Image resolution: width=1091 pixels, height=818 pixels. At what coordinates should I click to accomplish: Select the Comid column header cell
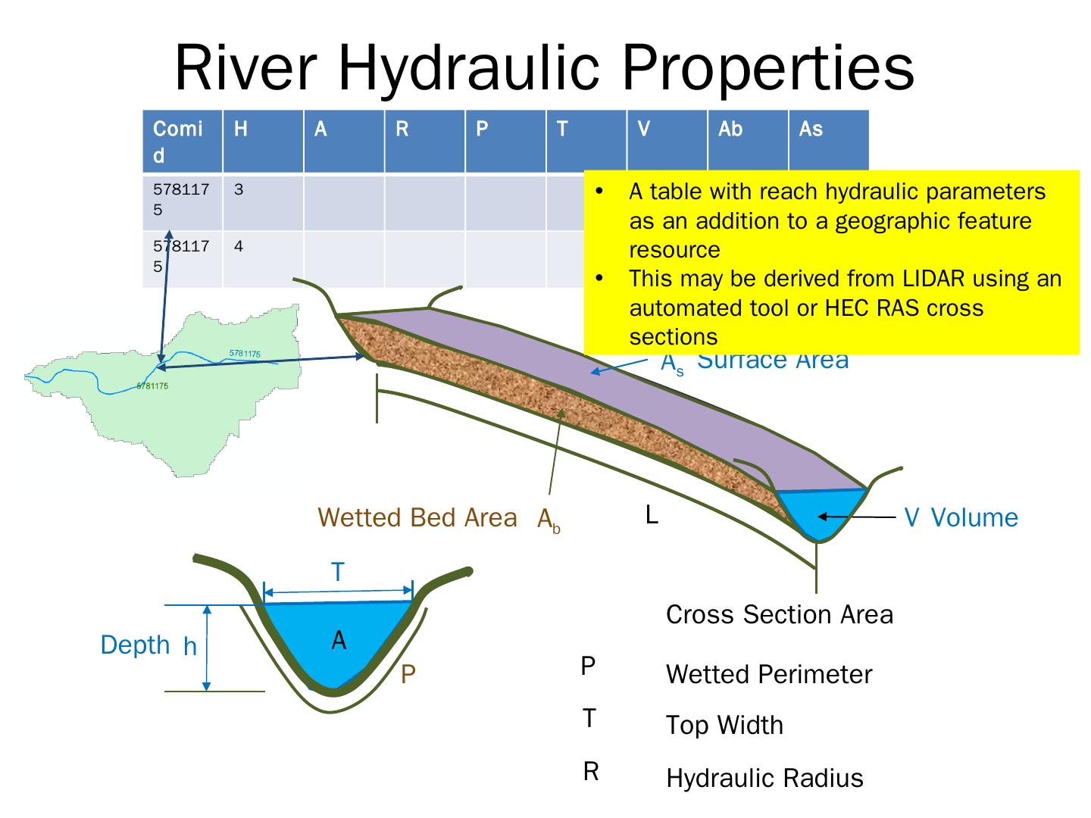182,141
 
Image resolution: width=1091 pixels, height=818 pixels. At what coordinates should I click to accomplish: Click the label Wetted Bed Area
417,518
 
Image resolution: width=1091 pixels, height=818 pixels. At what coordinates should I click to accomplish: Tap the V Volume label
961,518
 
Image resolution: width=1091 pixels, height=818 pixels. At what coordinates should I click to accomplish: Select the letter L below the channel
652,516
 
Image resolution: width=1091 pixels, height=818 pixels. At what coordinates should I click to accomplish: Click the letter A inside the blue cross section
339,641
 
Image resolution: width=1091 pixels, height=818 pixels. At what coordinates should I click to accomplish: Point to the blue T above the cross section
338,573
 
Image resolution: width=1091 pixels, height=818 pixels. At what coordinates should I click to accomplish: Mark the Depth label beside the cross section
136,645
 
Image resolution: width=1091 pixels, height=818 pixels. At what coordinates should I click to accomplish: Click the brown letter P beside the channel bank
408,675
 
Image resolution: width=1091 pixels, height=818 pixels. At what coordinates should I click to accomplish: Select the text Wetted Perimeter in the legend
769,675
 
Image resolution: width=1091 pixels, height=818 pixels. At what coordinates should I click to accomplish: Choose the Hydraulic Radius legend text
764,779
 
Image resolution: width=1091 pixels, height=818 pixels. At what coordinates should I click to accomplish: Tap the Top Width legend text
724,726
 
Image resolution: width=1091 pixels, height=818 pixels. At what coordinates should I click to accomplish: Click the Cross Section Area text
780,614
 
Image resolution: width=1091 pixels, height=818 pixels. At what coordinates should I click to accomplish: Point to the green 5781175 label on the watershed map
153,386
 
